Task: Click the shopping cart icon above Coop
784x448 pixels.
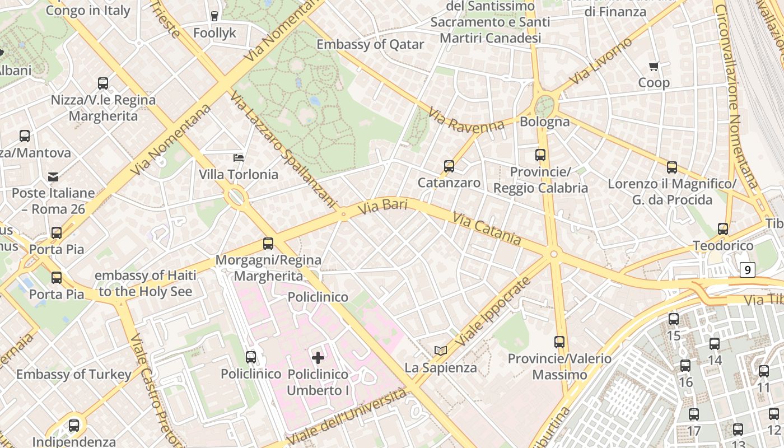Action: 654,67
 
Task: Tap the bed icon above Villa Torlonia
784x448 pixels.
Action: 239,158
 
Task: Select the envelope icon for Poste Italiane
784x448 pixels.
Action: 53,177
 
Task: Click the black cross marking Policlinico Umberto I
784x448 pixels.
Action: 318,357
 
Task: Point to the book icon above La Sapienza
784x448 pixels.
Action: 441,351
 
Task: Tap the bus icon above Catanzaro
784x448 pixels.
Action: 449,166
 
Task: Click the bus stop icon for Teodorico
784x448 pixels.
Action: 723,229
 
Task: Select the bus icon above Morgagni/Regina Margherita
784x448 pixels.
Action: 268,244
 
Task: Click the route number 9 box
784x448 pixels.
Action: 747,270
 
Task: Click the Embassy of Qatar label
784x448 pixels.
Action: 370,44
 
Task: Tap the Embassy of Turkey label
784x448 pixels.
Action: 74,374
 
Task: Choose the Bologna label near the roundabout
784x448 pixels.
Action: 544,122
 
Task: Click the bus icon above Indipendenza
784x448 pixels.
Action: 74,426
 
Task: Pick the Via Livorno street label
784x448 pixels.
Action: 601,61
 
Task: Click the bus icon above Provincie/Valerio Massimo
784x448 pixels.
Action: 559,342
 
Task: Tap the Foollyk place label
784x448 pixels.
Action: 215,33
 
